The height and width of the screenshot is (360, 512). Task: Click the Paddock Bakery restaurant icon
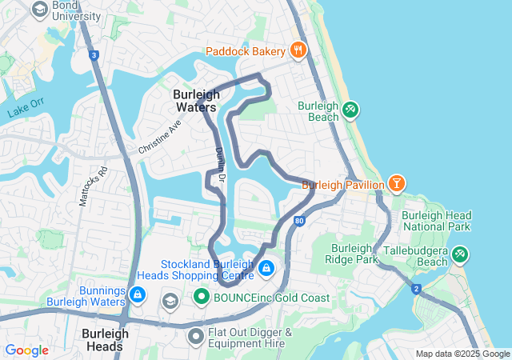point(298,50)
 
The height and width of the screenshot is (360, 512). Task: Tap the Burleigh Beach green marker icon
point(350,110)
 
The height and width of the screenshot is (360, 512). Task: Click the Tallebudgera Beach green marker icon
point(459,255)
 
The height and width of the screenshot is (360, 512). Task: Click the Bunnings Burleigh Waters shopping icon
point(138,295)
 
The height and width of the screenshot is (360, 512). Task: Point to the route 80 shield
point(298,220)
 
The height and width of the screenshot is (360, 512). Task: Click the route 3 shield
point(94,55)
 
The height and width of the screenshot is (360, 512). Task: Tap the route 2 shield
point(416,288)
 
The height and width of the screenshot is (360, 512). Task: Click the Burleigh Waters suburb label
point(195,100)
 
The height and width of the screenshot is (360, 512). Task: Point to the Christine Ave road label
point(160,137)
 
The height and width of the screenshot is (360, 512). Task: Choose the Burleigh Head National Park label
point(436,221)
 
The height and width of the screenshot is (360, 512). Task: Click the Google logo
point(26,350)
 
